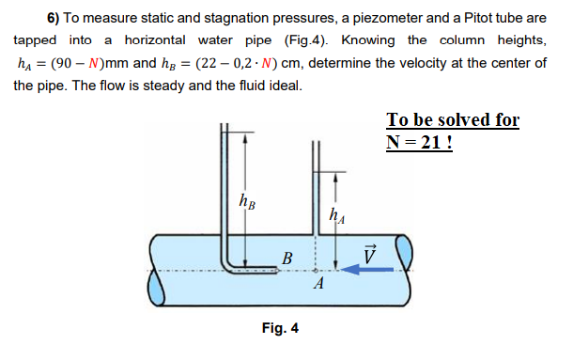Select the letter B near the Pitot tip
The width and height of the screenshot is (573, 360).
287,256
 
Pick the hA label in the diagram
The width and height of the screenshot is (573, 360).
335,214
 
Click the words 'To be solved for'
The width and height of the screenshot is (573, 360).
452,121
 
